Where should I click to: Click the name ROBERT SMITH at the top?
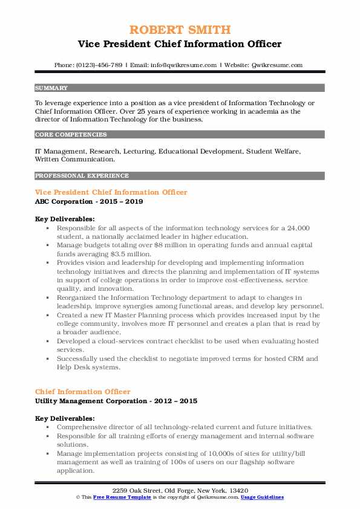[x=180, y=30]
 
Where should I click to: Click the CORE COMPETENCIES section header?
[x=71, y=135]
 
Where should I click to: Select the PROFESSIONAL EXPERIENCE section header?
[x=82, y=176]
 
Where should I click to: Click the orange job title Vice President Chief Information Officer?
[x=111, y=192]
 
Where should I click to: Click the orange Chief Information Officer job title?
[x=82, y=392]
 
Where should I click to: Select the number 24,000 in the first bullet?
[x=297, y=228]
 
